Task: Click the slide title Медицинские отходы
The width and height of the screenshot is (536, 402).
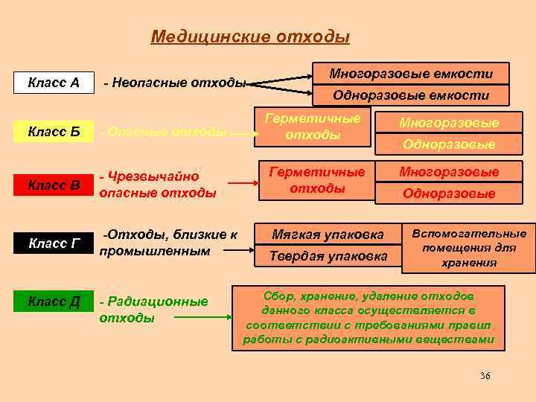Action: coord(250,36)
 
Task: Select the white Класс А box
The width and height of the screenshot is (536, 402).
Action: coord(54,81)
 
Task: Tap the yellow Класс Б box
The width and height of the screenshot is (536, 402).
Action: coord(54,132)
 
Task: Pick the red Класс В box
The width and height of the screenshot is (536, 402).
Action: coord(54,185)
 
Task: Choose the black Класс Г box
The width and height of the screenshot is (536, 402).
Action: coord(54,243)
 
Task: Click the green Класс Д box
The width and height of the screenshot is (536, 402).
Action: coord(54,301)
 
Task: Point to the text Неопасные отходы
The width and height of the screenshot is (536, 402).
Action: coord(174,82)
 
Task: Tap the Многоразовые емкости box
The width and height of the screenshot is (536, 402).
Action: coord(411,74)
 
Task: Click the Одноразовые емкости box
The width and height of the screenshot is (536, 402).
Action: coord(411,95)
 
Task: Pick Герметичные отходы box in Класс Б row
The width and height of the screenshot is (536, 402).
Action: coord(313,127)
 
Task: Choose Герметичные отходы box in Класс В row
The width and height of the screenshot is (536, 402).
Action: coord(317,179)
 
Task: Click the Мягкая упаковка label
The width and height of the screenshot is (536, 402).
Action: coord(328,234)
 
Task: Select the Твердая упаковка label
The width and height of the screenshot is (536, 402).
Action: coord(328,256)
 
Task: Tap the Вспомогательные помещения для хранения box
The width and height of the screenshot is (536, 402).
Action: coord(468,248)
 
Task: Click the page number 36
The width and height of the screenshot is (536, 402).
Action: coord(485,375)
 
